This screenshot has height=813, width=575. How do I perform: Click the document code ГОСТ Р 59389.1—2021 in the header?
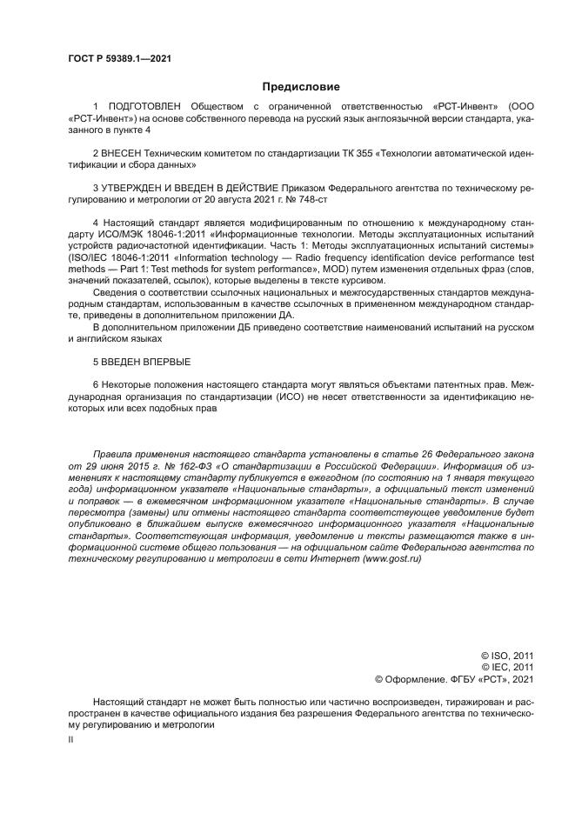point(118,58)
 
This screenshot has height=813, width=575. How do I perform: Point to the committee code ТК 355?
point(363,152)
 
